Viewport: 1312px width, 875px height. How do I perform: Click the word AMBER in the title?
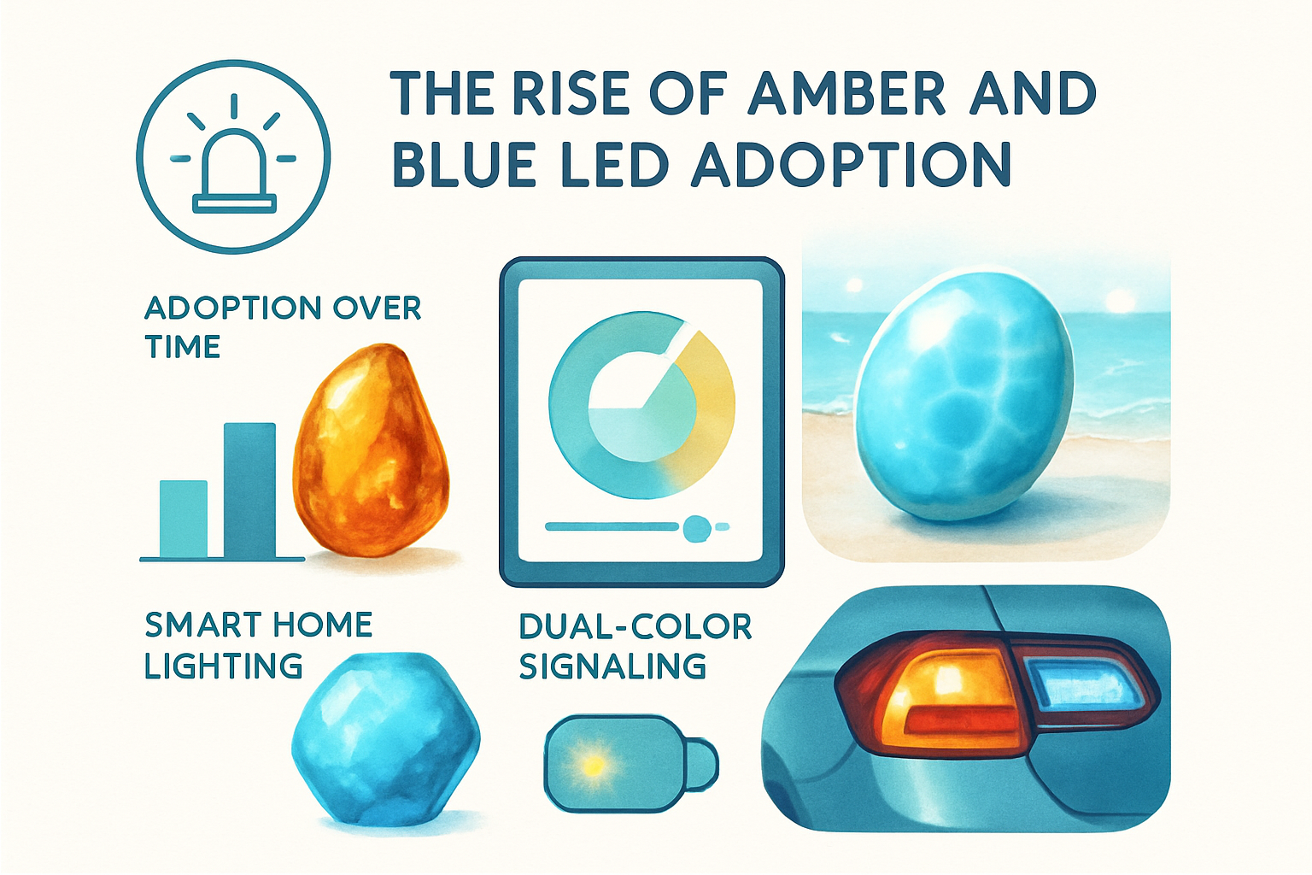[x=846, y=93]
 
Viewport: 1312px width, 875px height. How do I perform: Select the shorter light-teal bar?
[x=184, y=519]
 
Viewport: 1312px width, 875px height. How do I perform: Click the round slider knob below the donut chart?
[x=697, y=528]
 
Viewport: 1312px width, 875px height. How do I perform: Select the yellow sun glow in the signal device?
[x=591, y=763]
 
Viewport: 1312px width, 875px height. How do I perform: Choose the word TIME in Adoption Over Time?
[x=183, y=347]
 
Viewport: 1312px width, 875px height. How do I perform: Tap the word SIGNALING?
[x=612, y=667]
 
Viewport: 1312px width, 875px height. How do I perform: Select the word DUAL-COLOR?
[x=635, y=626]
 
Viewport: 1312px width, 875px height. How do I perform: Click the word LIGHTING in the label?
[x=223, y=667]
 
